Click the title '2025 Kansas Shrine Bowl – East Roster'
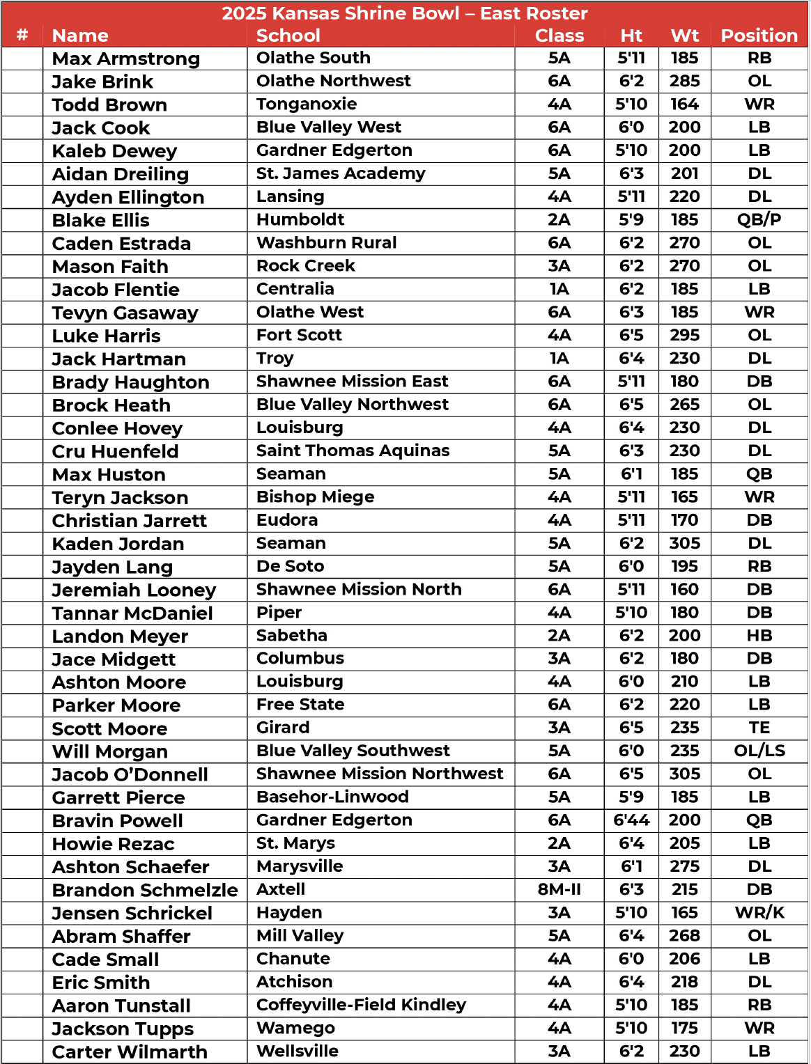point(405,13)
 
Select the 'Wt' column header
point(684,36)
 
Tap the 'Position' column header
point(759,36)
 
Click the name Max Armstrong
point(126,58)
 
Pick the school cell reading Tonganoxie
point(307,104)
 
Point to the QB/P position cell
point(759,220)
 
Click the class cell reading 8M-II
point(559,889)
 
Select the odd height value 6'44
point(631,820)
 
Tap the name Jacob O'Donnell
point(130,774)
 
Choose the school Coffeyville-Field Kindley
point(361,1005)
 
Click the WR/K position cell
point(759,912)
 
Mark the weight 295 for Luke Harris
point(684,336)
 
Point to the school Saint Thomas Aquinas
point(353,451)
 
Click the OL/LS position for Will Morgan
point(759,751)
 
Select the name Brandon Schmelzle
point(145,890)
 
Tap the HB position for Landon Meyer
point(759,636)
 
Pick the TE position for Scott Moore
point(759,728)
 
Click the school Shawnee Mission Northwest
point(380,774)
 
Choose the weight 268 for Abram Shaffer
point(684,936)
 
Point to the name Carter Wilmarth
point(130,1051)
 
